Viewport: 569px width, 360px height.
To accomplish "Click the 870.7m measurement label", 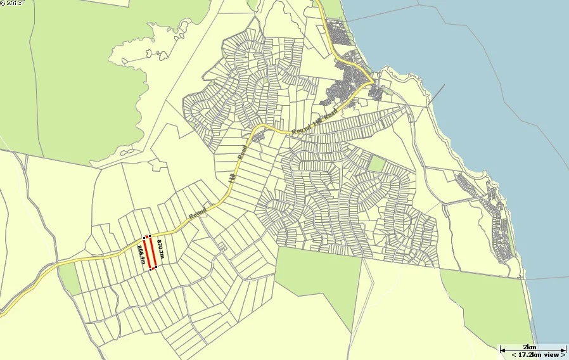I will point(161,250).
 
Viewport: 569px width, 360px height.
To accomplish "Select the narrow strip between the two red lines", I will point(150,252).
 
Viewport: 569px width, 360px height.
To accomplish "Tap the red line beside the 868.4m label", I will point(146,252).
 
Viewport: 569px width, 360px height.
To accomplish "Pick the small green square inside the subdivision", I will point(377,164).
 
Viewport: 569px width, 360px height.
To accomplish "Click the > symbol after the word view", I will point(562,354).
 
